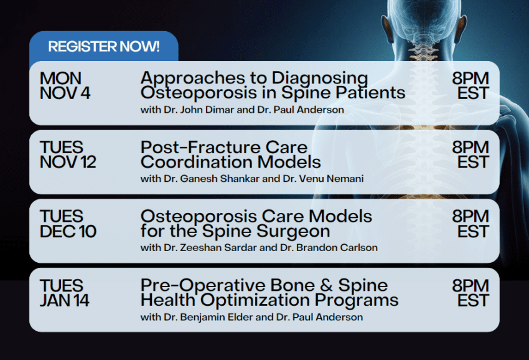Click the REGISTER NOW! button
(103, 47)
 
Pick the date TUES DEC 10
(67, 224)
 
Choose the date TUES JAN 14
(65, 293)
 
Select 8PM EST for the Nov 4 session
(470, 86)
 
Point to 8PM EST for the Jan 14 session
(470, 293)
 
